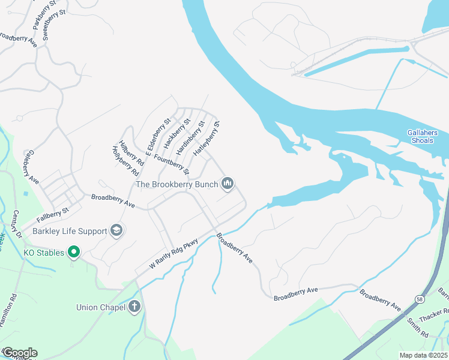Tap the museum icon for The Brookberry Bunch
point(228,184)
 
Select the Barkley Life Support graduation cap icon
point(116,230)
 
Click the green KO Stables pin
point(73,253)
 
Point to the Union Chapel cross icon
point(135,307)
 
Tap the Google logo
point(19,353)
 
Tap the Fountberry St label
point(172,164)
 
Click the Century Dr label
point(13,226)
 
